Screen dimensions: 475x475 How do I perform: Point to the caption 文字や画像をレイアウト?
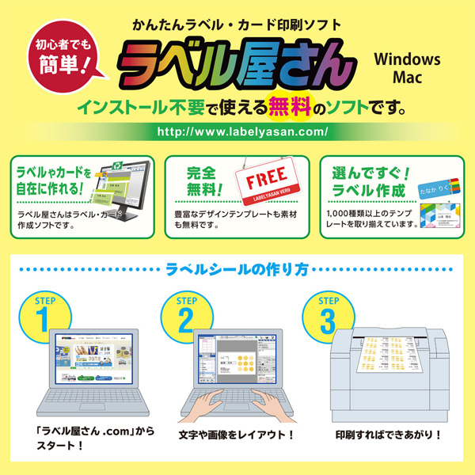(236, 435)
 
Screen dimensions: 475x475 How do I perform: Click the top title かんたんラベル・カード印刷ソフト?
(237, 24)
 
